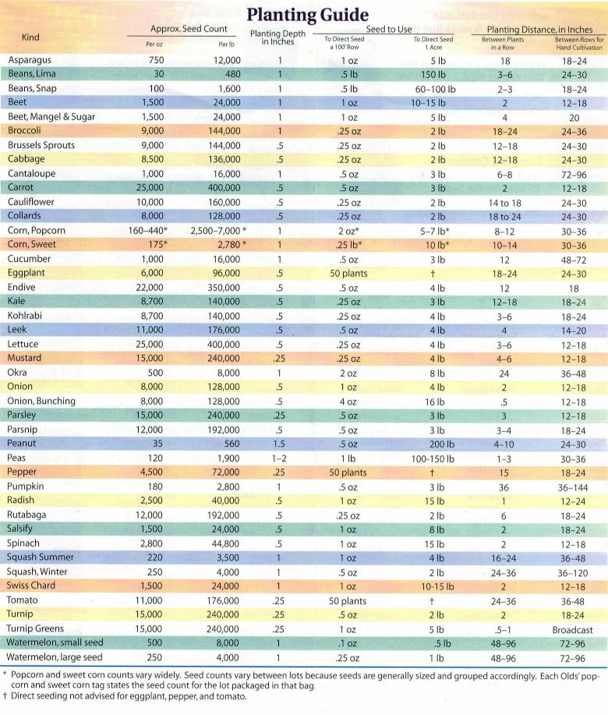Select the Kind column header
31,37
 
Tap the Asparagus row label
29,60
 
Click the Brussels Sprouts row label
41,145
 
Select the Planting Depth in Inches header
278,38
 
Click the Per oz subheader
155,44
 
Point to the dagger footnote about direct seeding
125,697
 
